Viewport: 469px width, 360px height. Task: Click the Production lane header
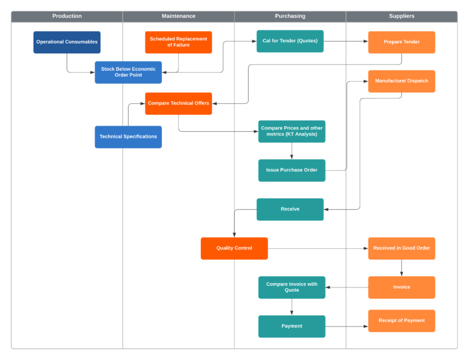click(x=67, y=16)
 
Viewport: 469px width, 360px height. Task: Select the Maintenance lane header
click(x=178, y=16)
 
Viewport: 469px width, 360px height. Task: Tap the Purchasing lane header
click(x=290, y=16)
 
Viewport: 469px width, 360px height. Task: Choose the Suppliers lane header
click(x=402, y=16)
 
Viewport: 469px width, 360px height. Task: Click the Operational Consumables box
click(x=67, y=42)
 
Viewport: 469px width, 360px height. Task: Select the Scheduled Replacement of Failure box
click(x=178, y=42)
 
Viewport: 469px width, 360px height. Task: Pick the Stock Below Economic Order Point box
click(x=128, y=72)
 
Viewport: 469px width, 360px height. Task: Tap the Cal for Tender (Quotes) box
click(x=290, y=41)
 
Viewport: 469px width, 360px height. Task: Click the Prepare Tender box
click(x=402, y=42)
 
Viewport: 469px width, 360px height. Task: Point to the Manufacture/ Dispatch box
click(x=402, y=81)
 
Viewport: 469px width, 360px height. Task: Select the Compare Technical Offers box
click(x=178, y=104)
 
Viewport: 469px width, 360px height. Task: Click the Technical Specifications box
click(x=128, y=137)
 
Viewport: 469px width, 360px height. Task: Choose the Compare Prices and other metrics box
click(x=291, y=131)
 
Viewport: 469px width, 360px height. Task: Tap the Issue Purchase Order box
click(x=291, y=170)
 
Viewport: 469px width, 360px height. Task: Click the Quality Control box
click(x=234, y=248)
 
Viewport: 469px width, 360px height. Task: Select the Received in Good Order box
click(x=402, y=248)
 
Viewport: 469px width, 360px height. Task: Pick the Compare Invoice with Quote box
click(x=291, y=287)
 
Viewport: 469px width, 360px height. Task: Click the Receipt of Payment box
click(x=402, y=320)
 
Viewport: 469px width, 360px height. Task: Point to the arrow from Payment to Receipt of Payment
click(x=346, y=326)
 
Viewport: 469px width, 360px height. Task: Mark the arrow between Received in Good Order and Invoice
click(x=402, y=268)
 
